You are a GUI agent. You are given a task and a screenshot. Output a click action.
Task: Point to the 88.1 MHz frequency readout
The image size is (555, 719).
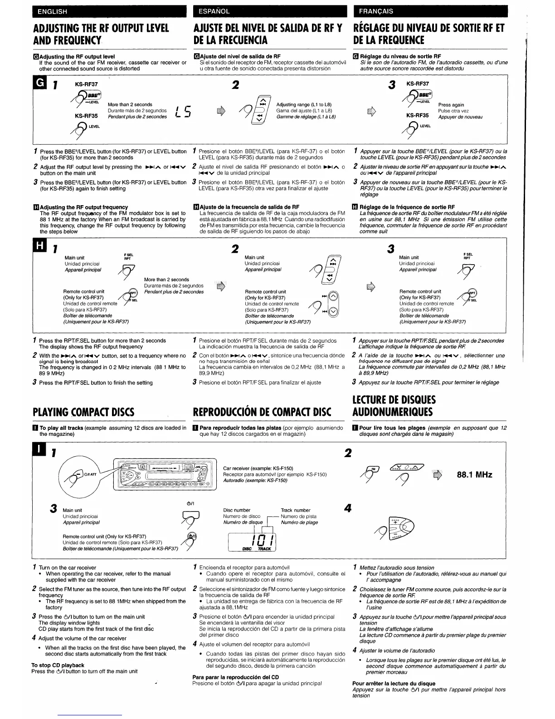coord(474,474)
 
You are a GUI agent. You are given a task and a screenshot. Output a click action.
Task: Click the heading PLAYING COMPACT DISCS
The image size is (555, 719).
coord(83,412)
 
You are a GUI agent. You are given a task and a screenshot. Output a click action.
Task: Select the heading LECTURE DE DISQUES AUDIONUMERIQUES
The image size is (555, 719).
coord(394,406)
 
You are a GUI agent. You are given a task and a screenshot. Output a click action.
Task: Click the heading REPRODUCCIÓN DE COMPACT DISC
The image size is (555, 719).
coord(262,412)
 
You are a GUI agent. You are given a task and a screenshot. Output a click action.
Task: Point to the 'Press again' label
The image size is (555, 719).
coord(451,104)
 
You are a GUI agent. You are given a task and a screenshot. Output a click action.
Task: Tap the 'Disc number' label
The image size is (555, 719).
coord(237,510)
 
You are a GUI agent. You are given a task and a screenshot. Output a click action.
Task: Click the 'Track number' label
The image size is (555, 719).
coord(296,510)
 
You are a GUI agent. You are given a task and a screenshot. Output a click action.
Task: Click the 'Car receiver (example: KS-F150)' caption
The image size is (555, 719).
coord(258,468)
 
